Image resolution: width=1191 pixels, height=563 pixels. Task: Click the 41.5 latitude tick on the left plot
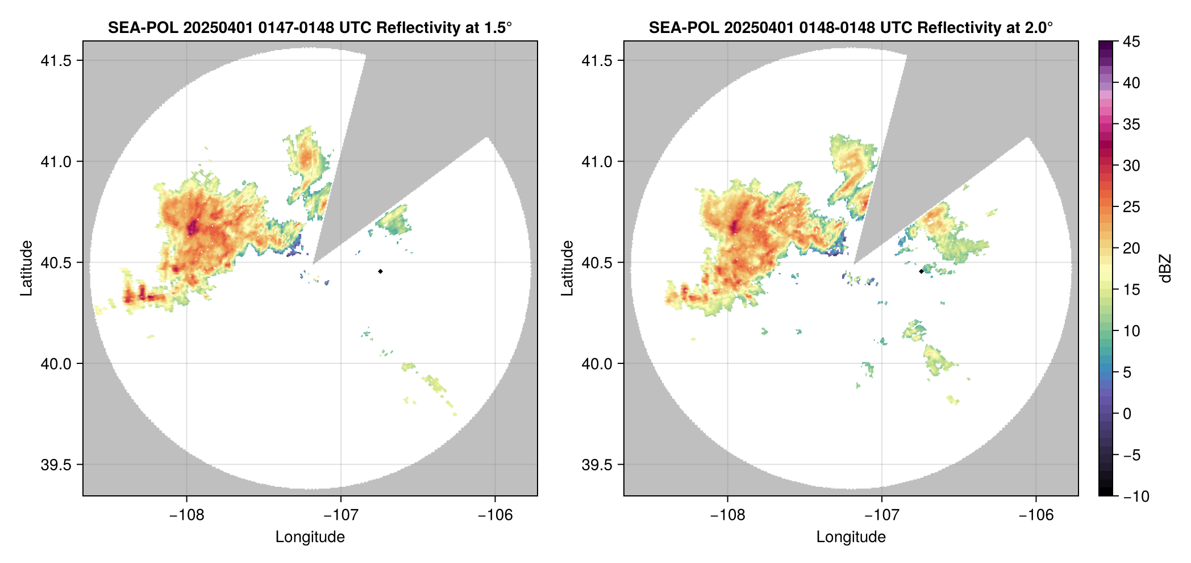coord(56,61)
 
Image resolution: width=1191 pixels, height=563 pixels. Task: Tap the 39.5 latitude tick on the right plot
coord(597,465)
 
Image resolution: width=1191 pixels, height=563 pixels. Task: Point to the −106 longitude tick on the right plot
coord(1036,515)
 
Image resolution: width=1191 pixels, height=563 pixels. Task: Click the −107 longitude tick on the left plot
coord(341,515)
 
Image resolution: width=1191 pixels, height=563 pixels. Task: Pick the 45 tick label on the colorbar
coord(1131,42)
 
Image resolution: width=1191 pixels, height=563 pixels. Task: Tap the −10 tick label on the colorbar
coord(1136,496)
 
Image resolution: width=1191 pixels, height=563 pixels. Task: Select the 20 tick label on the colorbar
coord(1131,249)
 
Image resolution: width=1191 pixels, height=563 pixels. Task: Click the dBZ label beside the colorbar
coord(1165,268)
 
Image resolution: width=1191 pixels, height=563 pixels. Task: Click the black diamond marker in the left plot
coord(380,271)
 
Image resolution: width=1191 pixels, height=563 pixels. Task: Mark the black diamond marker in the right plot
coord(921,271)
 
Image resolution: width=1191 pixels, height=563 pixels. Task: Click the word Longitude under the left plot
coord(310,537)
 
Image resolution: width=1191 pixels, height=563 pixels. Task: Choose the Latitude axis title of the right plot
coord(567,268)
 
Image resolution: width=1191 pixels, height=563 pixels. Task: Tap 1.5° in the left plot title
coord(498,27)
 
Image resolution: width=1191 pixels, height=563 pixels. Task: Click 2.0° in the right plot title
coord(1039,27)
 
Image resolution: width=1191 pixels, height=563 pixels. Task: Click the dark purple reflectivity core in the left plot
coord(193,227)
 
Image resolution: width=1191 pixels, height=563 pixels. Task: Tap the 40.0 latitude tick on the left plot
coord(56,363)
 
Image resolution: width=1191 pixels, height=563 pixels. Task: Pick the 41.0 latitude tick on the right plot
coord(597,162)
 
